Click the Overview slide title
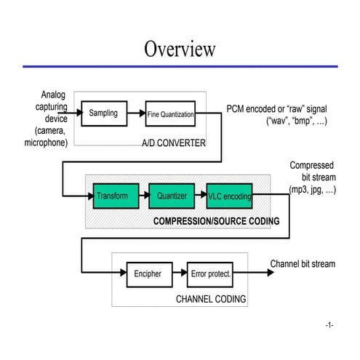click(x=180, y=49)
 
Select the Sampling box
click(x=103, y=113)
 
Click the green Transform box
click(x=112, y=196)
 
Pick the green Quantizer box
click(x=172, y=196)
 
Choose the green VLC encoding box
click(x=230, y=196)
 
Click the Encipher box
click(x=148, y=274)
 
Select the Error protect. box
click(x=210, y=274)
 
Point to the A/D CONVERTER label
click(x=174, y=143)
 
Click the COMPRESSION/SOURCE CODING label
click(x=216, y=221)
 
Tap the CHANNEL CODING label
click(x=211, y=299)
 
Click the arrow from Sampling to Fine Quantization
click(x=135, y=113)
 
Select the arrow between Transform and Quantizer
click(x=141, y=196)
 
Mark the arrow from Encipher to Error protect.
click(x=178, y=274)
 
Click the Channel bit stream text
click(x=303, y=263)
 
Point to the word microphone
click(x=47, y=143)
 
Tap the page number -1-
click(x=329, y=324)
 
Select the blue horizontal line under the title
click(x=180, y=66)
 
